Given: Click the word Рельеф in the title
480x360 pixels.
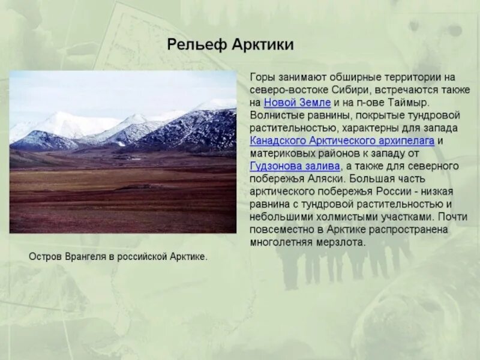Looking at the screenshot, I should [x=193, y=44].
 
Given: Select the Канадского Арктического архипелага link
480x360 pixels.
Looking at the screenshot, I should [x=342, y=140].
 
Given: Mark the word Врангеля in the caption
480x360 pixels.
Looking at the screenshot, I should [x=82, y=257].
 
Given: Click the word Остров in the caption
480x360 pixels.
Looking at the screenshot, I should [x=43, y=257].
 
